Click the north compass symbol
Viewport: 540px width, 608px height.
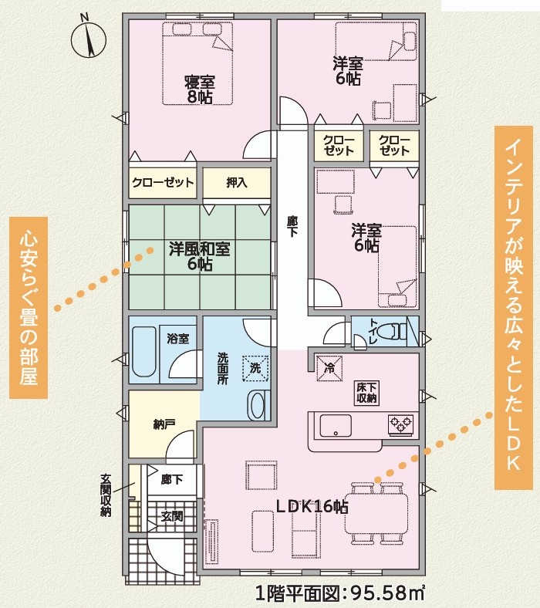89,39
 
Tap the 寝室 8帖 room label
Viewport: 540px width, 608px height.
199,90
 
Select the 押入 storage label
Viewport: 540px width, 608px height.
237,182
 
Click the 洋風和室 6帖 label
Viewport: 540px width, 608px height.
200,256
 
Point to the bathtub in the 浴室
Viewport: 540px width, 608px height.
144,352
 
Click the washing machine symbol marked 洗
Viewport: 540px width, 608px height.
255,367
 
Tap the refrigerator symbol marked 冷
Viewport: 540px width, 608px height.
329,368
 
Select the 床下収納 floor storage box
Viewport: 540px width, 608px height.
366,393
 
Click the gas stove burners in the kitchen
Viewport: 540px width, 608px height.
401,424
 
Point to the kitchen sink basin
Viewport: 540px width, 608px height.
336,426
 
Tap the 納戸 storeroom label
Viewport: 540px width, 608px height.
164,424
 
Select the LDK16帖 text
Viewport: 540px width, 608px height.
312,507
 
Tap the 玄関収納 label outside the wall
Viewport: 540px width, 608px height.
106,495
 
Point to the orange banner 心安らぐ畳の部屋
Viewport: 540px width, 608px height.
29,308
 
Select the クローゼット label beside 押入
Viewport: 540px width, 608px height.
163,182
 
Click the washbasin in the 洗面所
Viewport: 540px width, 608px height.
256,405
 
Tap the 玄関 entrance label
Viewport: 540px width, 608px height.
172,516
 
